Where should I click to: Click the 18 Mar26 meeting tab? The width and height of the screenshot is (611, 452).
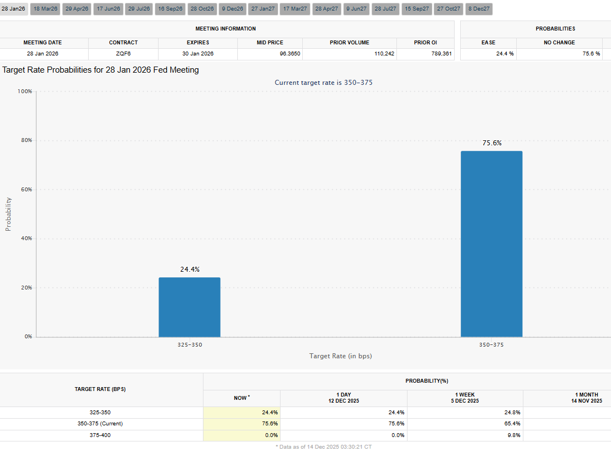[x=45, y=9]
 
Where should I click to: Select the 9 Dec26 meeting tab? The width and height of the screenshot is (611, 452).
[x=233, y=9]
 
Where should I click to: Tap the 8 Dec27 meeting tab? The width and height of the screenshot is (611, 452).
[x=479, y=9]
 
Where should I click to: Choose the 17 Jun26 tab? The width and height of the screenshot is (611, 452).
[x=108, y=9]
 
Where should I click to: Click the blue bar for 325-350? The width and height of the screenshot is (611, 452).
[x=190, y=307]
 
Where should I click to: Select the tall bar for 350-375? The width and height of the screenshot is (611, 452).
[x=491, y=244]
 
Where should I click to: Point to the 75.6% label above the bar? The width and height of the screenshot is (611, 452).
[x=492, y=143]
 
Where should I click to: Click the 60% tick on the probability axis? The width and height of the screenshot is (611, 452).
[x=27, y=189]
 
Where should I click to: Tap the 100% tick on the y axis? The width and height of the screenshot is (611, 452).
[x=25, y=91]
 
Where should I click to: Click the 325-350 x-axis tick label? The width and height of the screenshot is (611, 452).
[x=190, y=345]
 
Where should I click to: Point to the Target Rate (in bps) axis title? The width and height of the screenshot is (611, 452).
[x=340, y=355]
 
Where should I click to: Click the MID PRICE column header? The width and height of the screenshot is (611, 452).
[x=270, y=43]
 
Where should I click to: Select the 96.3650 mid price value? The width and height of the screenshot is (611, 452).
[x=290, y=54]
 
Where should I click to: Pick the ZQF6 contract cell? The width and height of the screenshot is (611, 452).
[x=123, y=54]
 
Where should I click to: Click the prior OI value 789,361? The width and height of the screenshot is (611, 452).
[x=441, y=54]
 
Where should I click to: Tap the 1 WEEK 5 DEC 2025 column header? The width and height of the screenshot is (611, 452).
[x=465, y=398]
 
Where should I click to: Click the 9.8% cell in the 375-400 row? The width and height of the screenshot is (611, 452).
[x=514, y=435]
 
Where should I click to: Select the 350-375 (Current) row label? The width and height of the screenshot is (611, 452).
[x=100, y=424]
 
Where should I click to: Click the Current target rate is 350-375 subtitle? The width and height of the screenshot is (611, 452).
[x=323, y=83]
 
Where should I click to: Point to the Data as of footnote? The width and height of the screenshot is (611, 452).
[x=323, y=446]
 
